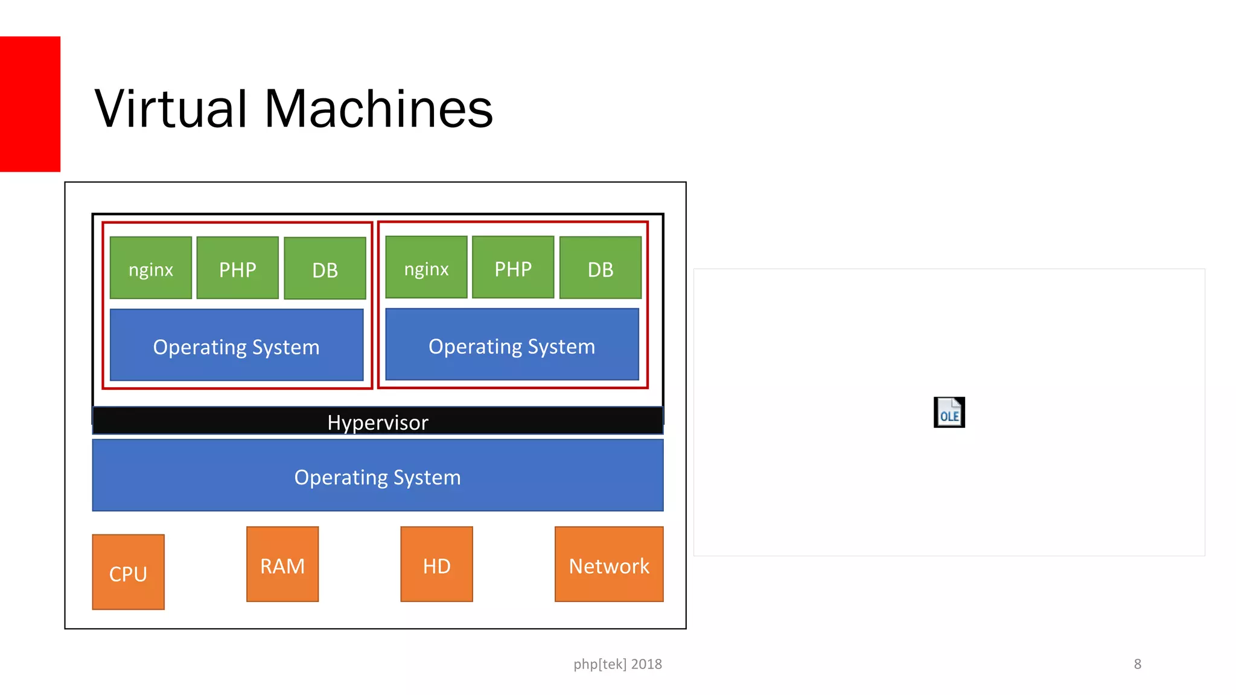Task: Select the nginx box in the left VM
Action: [x=151, y=268]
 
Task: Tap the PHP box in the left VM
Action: [x=238, y=268]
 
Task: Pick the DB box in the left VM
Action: [x=325, y=268]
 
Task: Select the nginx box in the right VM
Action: [x=426, y=267]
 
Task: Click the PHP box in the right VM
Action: [x=513, y=267]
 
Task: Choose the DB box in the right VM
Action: [x=600, y=268]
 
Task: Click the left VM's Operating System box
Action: [x=237, y=346]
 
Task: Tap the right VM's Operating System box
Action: [x=512, y=345]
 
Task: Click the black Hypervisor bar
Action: [x=378, y=421]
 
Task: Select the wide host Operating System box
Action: [x=378, y=476]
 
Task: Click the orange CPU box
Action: [x=128, y=572]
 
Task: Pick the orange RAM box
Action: [x=282, y=565]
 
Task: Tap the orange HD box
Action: [x=437, y=565]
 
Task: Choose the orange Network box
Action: [x=609, y=565]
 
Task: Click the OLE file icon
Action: [x=949, y=413]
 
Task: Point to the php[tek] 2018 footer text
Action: [x=617, y=664]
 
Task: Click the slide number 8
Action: [x=1138, y=664]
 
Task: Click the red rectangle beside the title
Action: [x=30, y=104]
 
